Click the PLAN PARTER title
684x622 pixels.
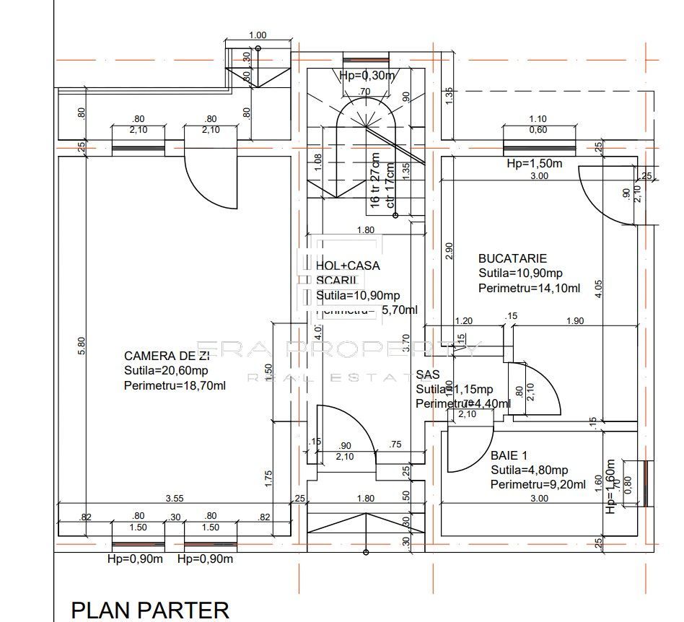(x=150, y=610)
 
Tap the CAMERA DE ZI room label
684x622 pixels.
(x=167, y=356)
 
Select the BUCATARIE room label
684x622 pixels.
(x=513, y=258)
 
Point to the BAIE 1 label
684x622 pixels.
(x=509, y=456)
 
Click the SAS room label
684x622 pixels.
(x=428, y=375)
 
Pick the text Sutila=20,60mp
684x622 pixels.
(x=167, y=370)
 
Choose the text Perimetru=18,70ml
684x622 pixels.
(x=175, y=385)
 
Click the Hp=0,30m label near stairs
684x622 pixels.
(x=367, y=76)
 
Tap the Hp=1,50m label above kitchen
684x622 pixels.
(x=535, y=164)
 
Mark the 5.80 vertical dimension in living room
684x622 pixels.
(x=82, y=346)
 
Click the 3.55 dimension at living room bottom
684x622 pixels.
(x=174, y=498)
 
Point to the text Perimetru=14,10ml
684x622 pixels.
(x=530, y=289)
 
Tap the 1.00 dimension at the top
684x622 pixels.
(x=257, y=35)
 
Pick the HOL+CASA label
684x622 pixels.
(x=348, y=266)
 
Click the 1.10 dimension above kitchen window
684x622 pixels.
(x=538, y=119)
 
